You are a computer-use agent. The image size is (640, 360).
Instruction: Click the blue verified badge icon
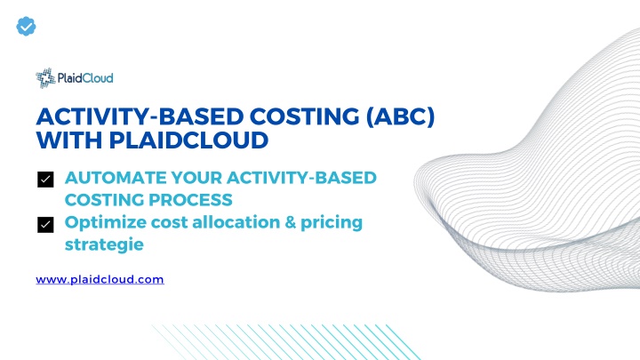(x=26, y=27)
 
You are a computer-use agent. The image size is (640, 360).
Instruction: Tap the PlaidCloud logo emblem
(x=45, y=78)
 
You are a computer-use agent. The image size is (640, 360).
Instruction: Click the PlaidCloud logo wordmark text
(x=85, y=77)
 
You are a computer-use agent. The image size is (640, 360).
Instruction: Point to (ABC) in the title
(x=400, y=116)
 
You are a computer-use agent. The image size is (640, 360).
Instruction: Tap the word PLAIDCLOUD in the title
(x=188, y=140)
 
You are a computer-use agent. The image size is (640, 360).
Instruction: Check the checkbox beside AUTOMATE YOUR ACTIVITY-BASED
(x=45, y=180)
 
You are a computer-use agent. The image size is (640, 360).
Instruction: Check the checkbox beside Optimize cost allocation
(x=45, y=225)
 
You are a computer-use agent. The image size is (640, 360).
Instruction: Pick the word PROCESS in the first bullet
(x=190, y=200)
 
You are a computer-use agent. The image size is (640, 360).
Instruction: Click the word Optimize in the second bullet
(x=105, y=223)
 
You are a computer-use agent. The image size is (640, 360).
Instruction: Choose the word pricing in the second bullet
(x=332, y=223)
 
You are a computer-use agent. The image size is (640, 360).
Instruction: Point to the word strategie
(x=104, y=245)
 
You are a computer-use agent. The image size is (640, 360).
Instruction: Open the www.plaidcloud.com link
(x=100, y=280)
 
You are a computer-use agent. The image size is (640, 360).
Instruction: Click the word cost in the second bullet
(x=169, y=223)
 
